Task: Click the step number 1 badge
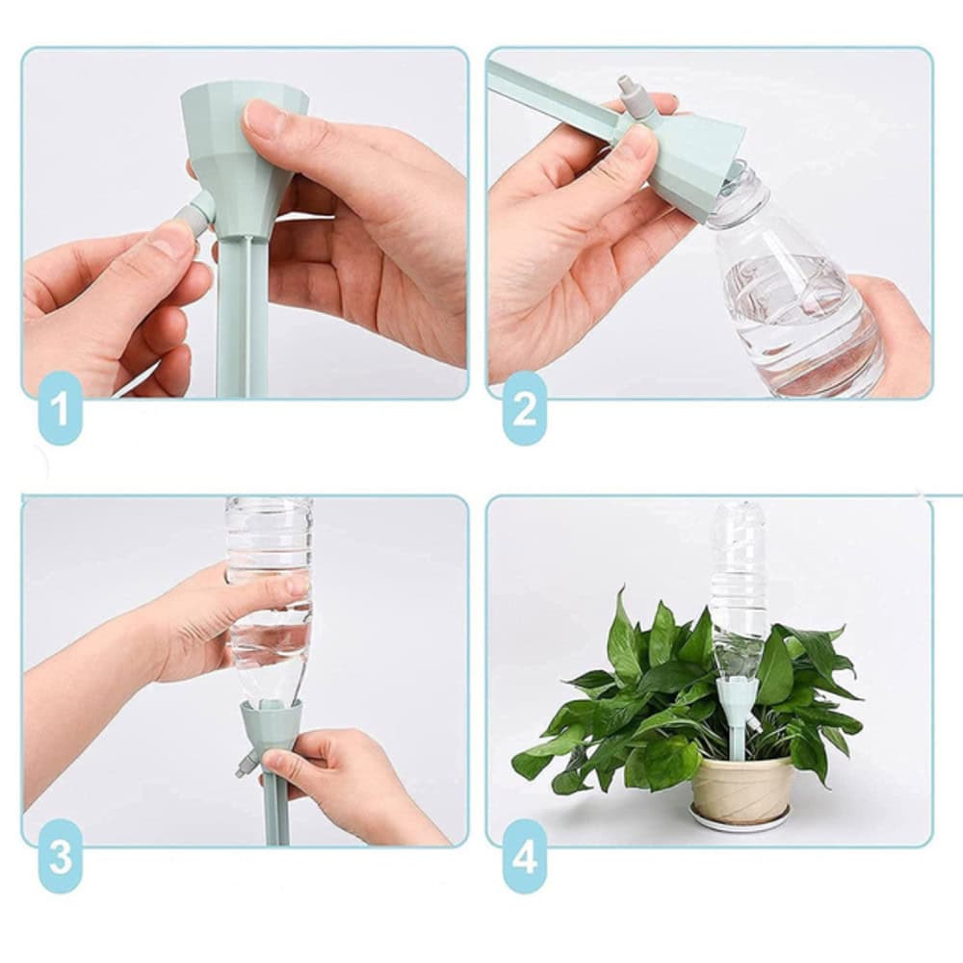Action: (60, 407)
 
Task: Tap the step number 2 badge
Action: (525, 407)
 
